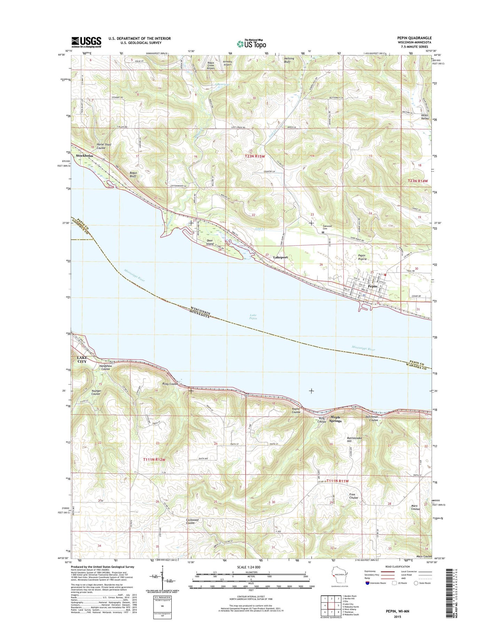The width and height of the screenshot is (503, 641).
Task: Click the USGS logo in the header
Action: [x=86, y=42]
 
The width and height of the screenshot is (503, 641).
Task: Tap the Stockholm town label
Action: [x=85, y=156]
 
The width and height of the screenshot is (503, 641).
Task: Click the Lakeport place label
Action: [x=280, y=257]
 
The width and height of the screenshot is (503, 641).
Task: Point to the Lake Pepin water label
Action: [x=253, y=317]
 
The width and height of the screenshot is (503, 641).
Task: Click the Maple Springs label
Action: [x=336, y=419]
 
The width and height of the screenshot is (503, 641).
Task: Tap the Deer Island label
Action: [x=210, y=242]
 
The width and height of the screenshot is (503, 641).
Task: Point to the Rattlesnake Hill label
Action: [x=354, y=440]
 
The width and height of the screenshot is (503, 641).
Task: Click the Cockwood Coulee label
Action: [x=192, y=521]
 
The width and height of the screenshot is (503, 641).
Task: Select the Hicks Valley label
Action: [x=425, y=117]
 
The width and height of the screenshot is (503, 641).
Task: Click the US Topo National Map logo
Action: [x=251, y=43]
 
